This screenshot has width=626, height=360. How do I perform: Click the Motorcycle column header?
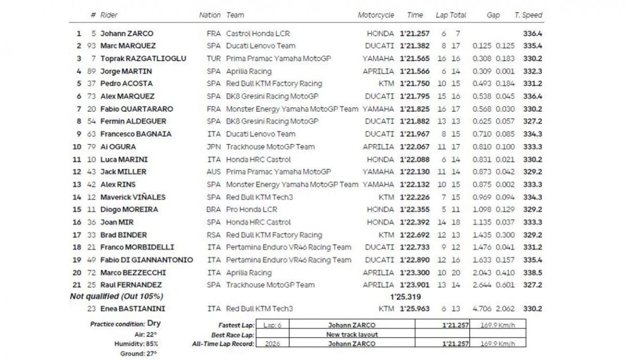(376, 15)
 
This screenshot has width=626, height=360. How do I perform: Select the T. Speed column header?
(528, 15)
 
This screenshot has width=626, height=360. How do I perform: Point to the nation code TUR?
(214, 58)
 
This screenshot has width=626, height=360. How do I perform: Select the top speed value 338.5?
(532, 272)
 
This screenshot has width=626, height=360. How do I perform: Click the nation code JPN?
(214, 147)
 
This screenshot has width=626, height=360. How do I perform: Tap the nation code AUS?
(214, 172)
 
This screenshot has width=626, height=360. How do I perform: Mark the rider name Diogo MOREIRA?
(129, 210)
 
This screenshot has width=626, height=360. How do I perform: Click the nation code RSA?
(214, 235)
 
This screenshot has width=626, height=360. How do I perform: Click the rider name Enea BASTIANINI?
(130, 309)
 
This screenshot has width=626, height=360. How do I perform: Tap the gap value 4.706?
(483, 309)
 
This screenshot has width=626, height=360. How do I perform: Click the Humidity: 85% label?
(136, 344)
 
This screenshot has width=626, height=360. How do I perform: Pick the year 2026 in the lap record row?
(272, 344)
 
